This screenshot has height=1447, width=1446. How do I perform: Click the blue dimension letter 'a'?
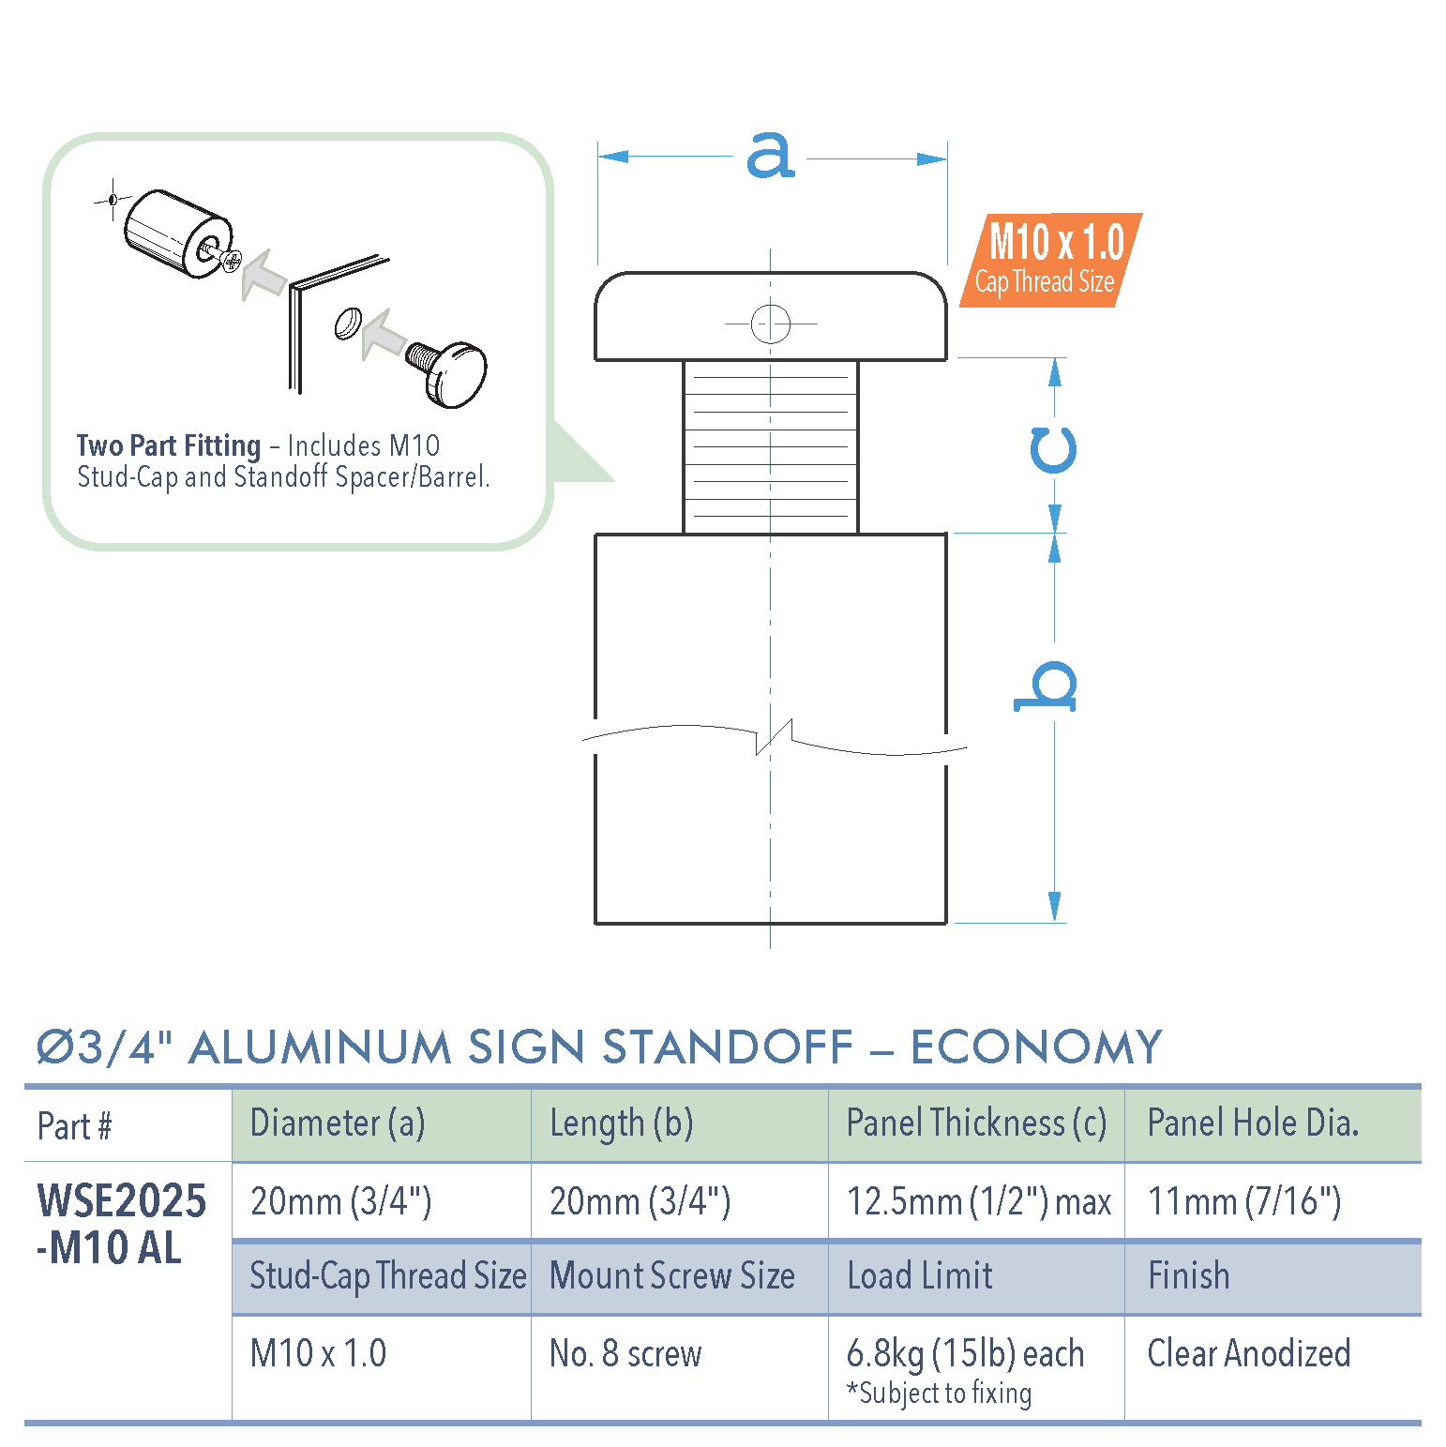coord(770,156)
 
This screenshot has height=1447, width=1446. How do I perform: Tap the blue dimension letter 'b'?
coord(1047,686)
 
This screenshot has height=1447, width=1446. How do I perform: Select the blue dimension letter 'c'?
coord(1053,450)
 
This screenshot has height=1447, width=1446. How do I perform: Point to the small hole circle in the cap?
coord(770,324)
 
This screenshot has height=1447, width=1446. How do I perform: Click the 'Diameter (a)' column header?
coord(338,1123)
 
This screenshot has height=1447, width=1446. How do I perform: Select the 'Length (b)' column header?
coord(621,1123)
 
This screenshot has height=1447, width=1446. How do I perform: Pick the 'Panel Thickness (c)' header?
coord(976,1123)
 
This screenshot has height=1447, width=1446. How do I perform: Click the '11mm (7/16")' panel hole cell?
coord(1244,1201)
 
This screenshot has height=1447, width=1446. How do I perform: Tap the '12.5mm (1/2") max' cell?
coord(978,1201)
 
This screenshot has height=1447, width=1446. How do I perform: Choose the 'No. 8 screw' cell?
coord(625,1353)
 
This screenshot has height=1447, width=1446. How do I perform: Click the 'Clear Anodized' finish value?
coord(1248,1353)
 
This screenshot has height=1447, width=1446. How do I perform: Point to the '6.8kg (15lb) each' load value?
coord(965,1354)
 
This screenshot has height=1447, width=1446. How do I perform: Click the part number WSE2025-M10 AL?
coord(121,1224)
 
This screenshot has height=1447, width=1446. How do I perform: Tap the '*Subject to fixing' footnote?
coord(939,1394)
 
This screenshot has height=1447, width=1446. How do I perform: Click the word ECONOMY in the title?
coord(1036,1048)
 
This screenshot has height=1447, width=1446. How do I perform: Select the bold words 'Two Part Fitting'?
coord(169,445)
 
